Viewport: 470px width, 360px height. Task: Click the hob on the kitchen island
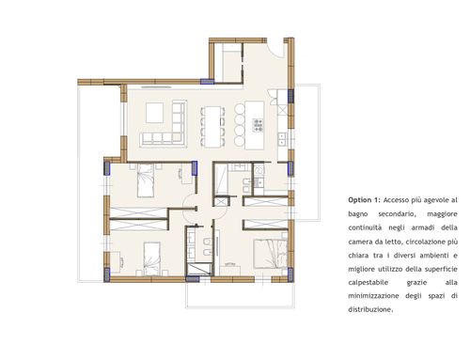pyautogui.click(x=258, y=125)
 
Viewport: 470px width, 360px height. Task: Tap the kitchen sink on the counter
pyautogui.click(x=282, y=139)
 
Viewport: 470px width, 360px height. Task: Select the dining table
pyautogui.click(x=212, y=127)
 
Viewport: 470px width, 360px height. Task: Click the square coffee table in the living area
pyautogui.click(x=154, y=113)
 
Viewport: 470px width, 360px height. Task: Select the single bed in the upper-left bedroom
pyautogui.click(x=146, y=180)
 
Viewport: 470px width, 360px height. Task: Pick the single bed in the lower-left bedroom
pyautogui.click(x=152, y=258)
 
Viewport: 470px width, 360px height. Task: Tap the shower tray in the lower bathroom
pyautogui.click(x=198, y=269)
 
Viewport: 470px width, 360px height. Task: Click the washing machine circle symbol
pyautogui.click(x=258, y=170)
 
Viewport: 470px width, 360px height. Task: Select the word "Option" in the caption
pyautogui.click(x=360, y=200)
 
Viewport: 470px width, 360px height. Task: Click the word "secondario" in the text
pyautogui.click(x=397, y=214)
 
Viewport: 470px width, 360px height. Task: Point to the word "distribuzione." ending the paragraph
pyautogui.click(x=370, y=309)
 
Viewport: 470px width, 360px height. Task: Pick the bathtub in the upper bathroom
pyautogui.click(x=221, y=180)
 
